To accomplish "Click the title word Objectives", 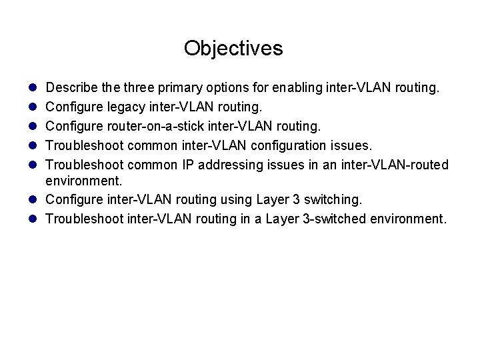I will pyautogui.click(x=233, y=49).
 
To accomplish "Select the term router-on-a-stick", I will pyautogui.click(x=153, y=125).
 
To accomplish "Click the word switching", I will pyautogui.click(x=337, y=199).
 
